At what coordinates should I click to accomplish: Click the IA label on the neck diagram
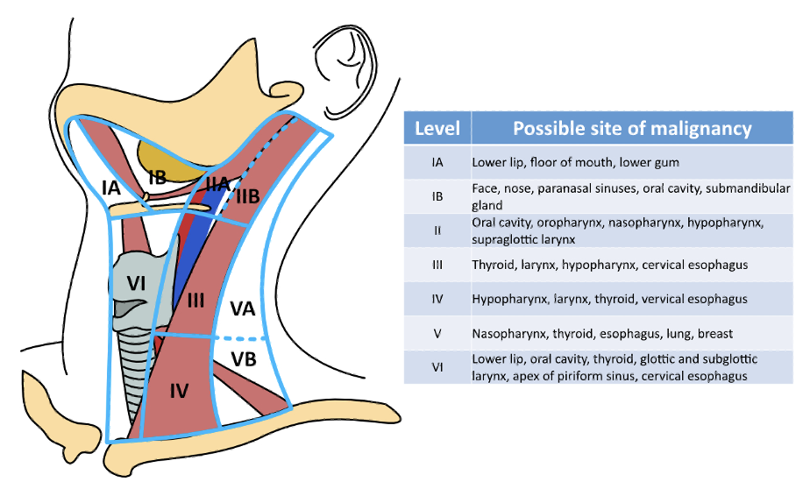click(x=110, y=187)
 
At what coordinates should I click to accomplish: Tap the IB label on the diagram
click(x=157, y=178)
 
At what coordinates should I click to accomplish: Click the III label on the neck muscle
click(x=195, y=301)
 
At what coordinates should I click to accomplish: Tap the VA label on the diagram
click(x=243, y=308)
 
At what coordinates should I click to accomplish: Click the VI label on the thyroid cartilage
click(x=137, y=282)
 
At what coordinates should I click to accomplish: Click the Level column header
click(x=437, y=129)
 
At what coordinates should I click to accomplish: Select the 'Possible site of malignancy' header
click(x=632, y=129)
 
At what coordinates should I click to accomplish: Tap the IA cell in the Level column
click(x=437, y=162)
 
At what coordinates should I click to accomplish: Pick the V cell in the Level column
click(x=437, y=333)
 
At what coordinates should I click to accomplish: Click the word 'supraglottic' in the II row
click(x=503, y=239)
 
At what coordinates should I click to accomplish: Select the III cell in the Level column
click(x=437, y=265)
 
